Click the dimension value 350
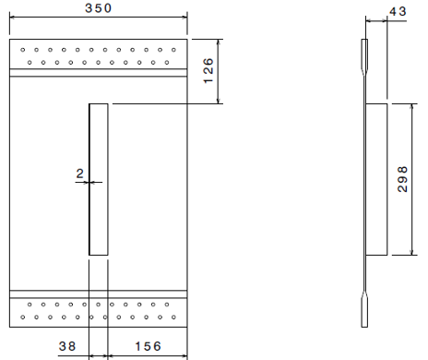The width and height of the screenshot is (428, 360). point(98,7)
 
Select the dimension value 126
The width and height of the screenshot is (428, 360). point(209,67)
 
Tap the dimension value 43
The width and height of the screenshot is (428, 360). point(398,10)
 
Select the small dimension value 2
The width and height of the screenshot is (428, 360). point(80,173)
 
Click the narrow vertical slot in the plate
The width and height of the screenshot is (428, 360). point(98,179)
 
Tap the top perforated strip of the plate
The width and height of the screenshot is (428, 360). point(98,55)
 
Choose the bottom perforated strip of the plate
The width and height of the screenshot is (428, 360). point(98,307)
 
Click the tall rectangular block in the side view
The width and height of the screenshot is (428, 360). point(376,179)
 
